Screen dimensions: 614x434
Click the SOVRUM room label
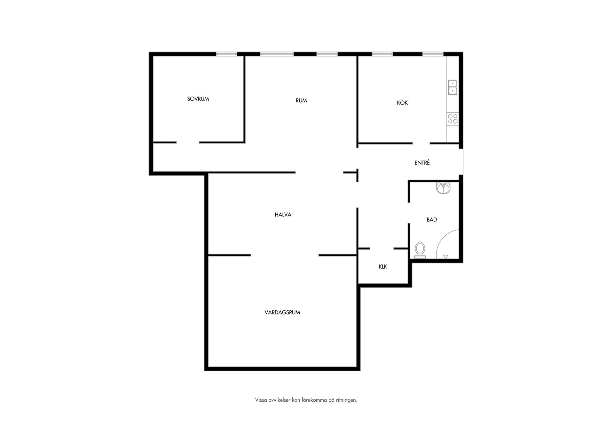198,99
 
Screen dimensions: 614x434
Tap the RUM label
301,101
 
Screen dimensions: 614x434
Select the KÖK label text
402,103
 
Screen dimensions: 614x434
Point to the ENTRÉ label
422,163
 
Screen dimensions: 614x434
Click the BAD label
432,220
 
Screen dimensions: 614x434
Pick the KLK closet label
383,267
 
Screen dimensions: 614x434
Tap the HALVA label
283,215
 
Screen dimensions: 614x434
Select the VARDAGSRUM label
282,312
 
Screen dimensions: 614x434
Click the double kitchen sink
453,87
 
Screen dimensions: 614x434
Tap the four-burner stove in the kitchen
453,119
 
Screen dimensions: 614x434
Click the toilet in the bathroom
420,250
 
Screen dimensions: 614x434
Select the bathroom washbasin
443,188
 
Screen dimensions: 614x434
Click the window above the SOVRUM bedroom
226,54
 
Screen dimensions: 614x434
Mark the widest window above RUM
277,54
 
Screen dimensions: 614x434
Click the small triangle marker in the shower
445,256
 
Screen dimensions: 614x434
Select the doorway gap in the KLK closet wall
382,249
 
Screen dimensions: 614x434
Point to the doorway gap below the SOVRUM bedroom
188,142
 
